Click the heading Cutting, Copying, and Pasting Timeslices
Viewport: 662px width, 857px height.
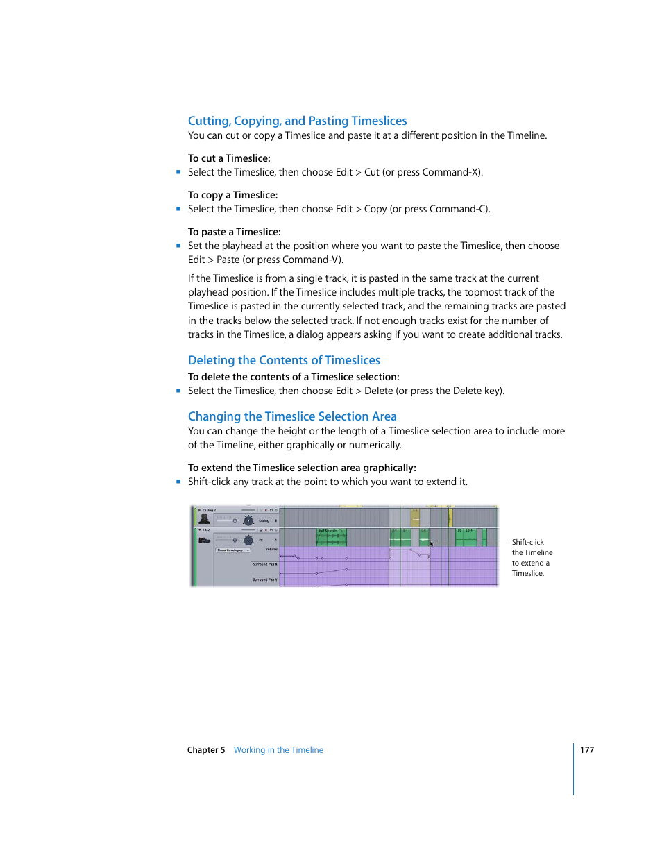click(x=297, y=121)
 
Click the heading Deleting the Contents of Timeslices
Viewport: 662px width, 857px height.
click(x=284, y=360)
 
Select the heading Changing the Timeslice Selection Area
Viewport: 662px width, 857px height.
click(x=292, y=416)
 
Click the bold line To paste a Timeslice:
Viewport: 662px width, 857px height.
click(x=234, y=232)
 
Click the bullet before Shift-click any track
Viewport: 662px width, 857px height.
click(x=178, y=481)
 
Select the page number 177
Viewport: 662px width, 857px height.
click(x=587, y=750)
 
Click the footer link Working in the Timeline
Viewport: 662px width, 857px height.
click(x=278, y=750)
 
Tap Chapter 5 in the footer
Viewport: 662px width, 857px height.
click(x=206, y=750)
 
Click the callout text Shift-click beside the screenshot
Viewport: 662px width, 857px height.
click(x=527, y=542)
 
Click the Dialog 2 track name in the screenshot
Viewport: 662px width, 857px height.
click(x=209, y=510)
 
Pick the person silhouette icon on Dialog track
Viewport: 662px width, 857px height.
click(x=205, y=518)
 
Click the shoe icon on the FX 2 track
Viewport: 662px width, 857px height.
click(x=205, y=539)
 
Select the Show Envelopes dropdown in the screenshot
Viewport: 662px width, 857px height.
click(x=232, y=550)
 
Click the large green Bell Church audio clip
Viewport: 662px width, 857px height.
click(x=331, y=537)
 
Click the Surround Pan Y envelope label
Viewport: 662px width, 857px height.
click(x=264, y=579)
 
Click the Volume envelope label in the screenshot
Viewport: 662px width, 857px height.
click(x=271, y=549)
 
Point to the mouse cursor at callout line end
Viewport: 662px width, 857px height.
click(x=432, y=543)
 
